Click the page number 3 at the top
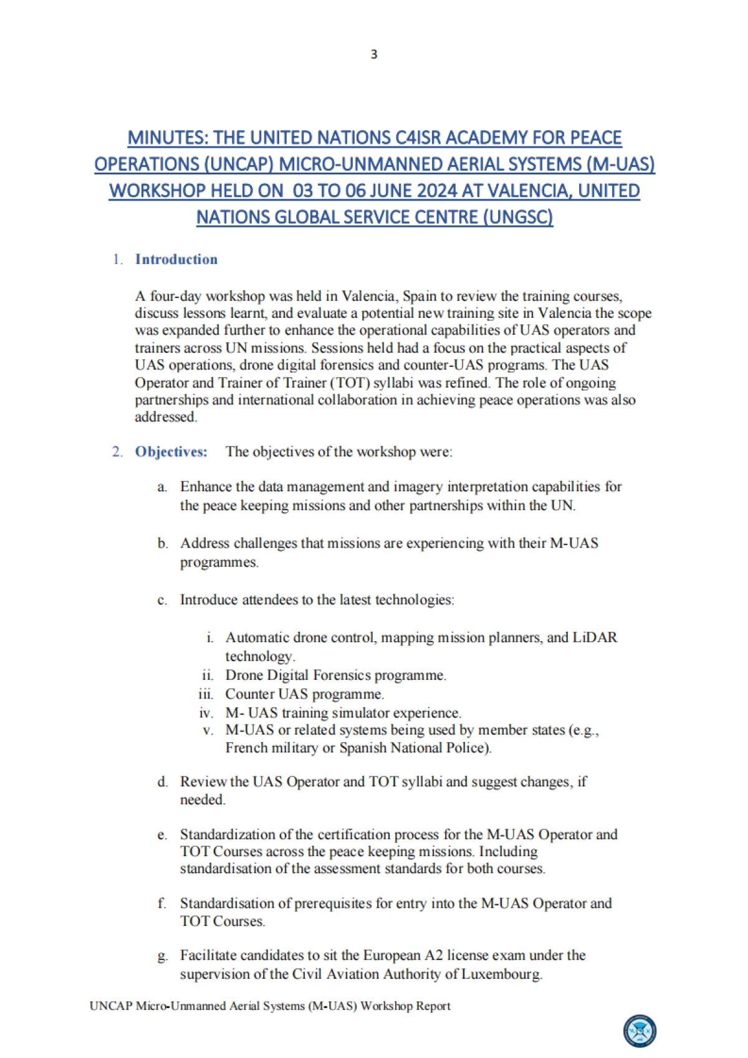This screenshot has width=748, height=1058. (374, 54)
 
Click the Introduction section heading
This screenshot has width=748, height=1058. (176, 259)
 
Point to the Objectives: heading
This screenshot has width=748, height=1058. (171, 452)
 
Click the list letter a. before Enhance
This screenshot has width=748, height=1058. (162, 487)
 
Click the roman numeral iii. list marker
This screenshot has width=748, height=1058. (206, 694)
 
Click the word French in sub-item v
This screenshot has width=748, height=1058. (246, 748)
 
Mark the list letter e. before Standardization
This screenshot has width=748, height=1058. (162, 835)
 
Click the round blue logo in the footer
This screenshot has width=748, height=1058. (640, 1031)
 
